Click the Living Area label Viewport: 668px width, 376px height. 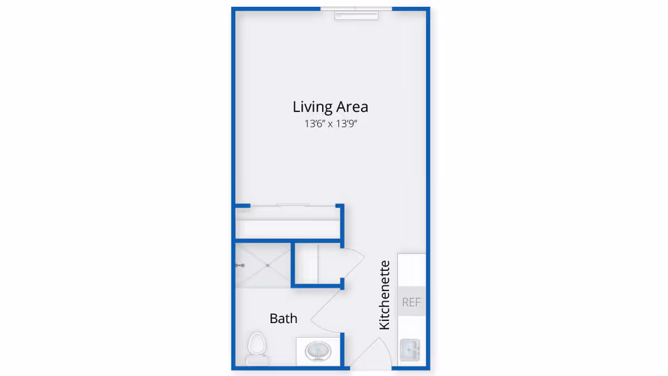click(330, 107)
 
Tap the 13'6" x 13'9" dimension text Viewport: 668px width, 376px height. click(331, 124)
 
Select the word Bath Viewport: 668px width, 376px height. click(283, 318)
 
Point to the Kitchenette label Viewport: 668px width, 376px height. click(385, 295)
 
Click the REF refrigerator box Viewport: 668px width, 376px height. click(411, 301)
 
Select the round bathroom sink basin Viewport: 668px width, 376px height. click(318, 352)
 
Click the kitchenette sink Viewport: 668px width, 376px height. click(411, 350)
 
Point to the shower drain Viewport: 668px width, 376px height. click(267, 265)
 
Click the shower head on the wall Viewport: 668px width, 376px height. click(240, 265)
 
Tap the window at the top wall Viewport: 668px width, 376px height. click(356, 13)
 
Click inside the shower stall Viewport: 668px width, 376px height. click(263, 265)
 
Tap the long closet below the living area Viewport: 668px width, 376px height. click(288, 223)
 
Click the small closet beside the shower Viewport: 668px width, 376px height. click(318, 264)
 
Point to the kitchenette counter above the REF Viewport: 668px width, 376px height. click(411, 270)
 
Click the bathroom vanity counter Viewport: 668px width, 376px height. click(318, 351)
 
